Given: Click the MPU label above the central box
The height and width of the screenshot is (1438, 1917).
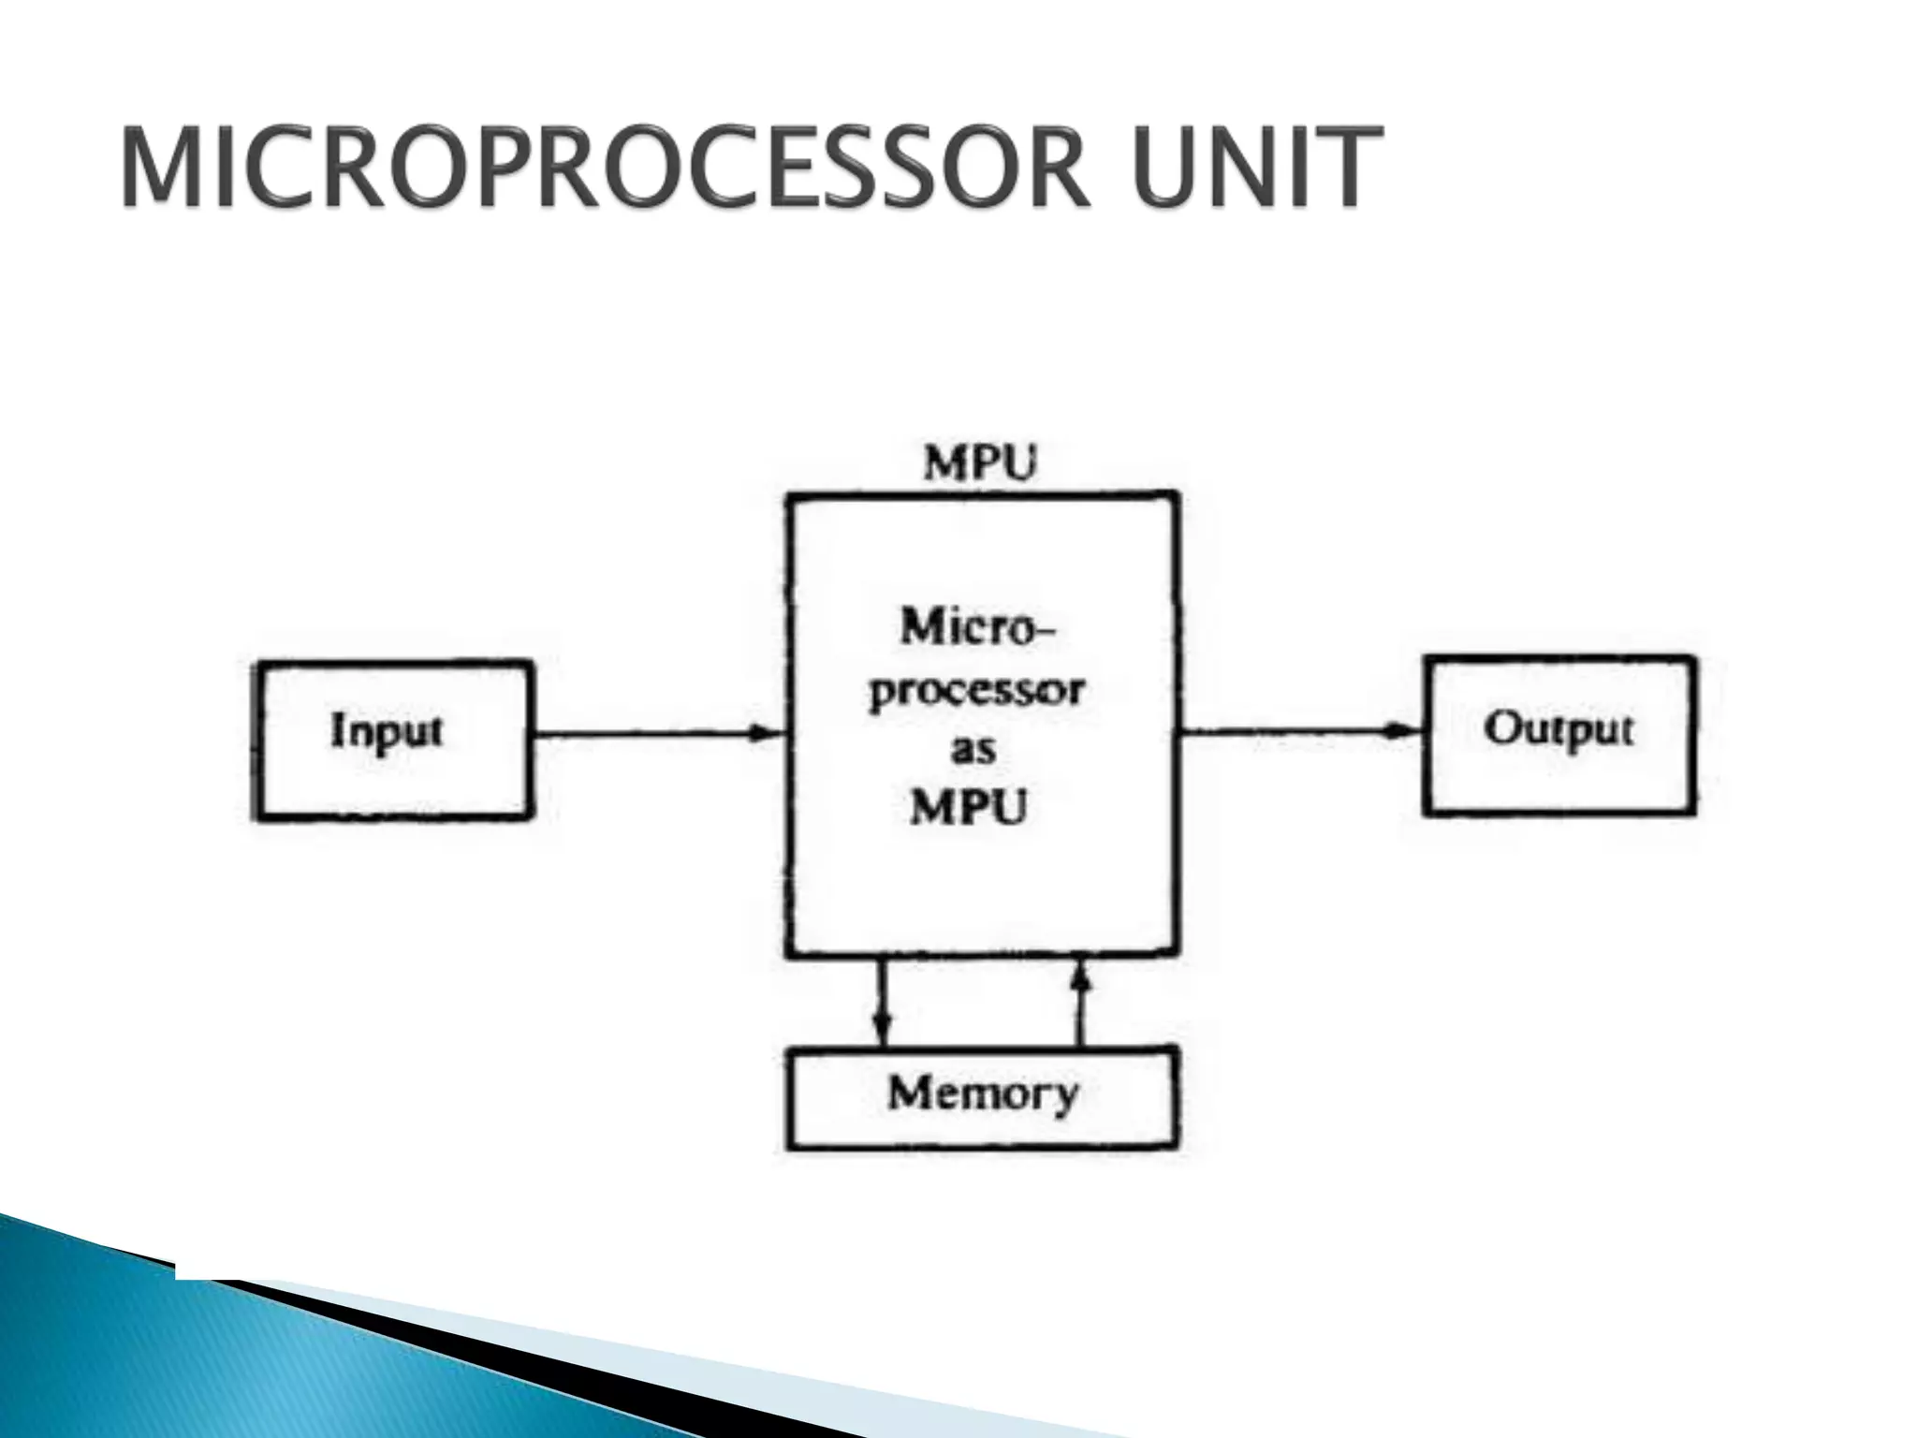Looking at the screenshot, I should tap(980, 463).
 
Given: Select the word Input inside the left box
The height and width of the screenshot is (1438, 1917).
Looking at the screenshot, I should tap(386, 731).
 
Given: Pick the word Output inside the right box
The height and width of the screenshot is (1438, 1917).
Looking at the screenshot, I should tap(1558, 728).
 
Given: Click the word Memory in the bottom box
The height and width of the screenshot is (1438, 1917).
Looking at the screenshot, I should tap(983, 1093).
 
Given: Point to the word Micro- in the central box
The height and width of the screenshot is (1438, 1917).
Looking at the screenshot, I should tap(976, 627).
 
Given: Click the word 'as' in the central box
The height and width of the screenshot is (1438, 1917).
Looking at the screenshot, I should tap(973, 750).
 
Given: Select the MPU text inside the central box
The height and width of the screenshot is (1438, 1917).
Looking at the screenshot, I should tap(969, 807).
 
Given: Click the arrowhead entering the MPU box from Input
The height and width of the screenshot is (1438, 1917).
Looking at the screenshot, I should tap(769, 735).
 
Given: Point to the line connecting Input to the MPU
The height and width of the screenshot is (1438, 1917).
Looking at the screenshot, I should tap(646, 735).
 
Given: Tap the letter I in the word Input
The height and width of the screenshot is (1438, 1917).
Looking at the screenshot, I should tap(338, 729).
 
